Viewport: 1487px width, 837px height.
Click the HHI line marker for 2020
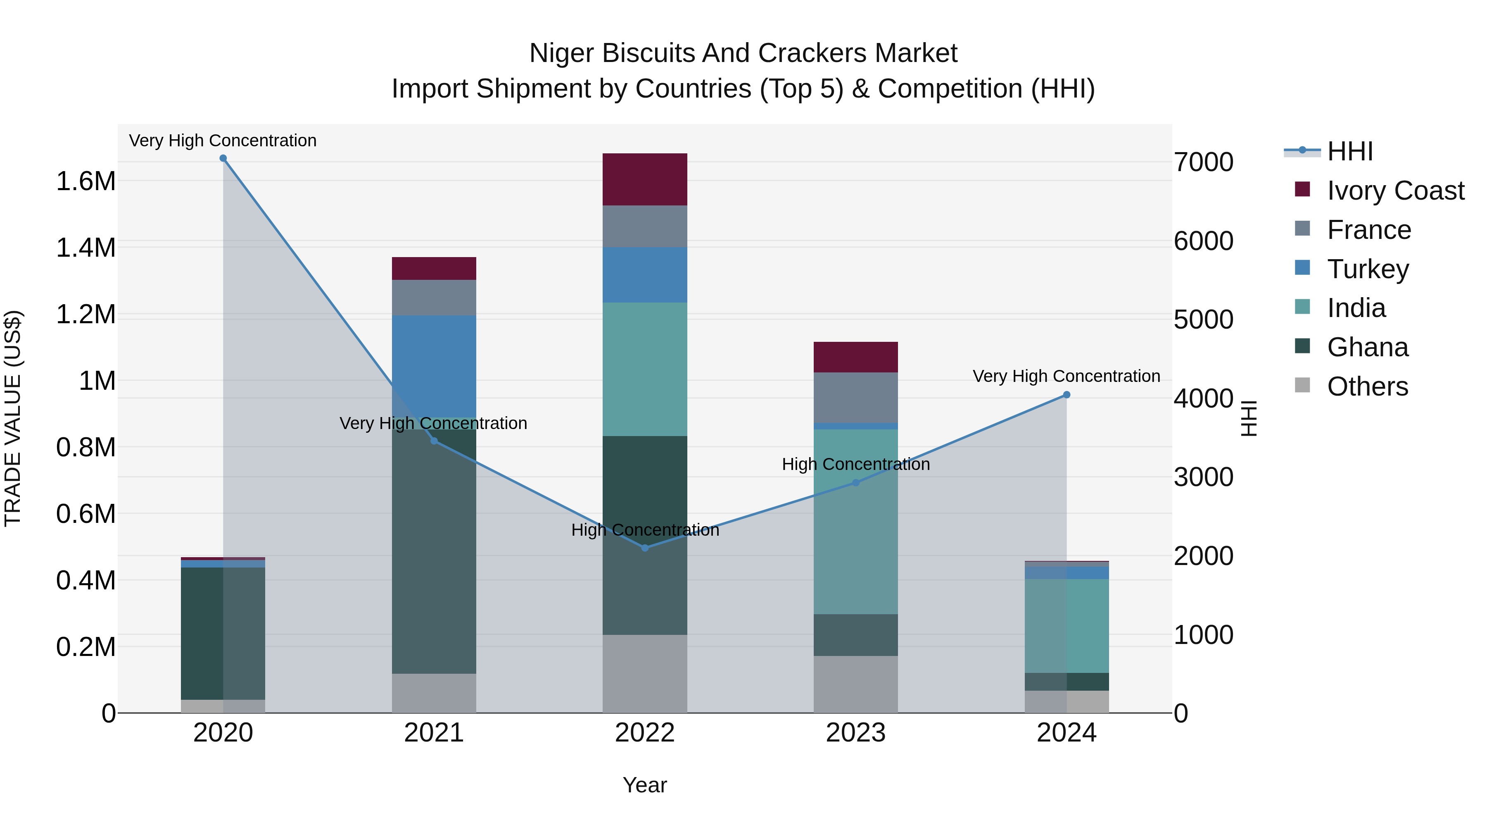click(x=223, y=158)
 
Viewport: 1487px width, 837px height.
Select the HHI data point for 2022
click(x=645, y=548)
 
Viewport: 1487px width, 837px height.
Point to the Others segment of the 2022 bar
click(x=645, y=674)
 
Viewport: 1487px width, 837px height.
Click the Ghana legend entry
click(x=1367, y=347)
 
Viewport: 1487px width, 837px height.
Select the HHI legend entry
click(x=1349, y=151)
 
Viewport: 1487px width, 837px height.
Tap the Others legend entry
click(x=1367, y=386)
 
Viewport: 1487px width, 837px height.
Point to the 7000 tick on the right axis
click(x=1204, y=162)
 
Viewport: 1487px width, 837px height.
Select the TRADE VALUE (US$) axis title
click(x=13, y=418)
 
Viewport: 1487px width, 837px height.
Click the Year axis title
click(x=645, y=785)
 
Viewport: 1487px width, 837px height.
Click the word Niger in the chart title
click(x=562, y=53)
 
